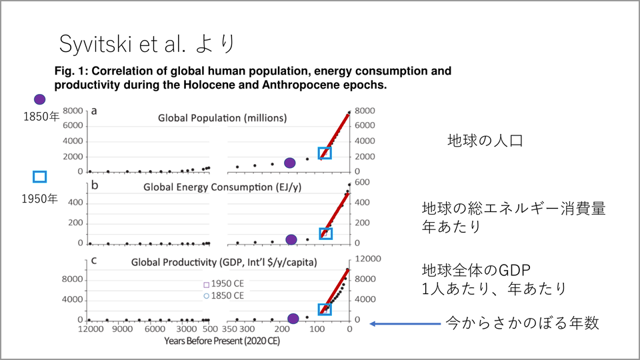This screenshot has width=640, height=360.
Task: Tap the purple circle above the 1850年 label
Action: click(x=39, y=99)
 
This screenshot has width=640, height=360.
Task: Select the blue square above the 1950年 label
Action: click(x=39, y=177)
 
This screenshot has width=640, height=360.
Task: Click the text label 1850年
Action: click(x=41, y=117)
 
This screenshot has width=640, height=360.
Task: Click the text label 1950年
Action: click(x=40, y=198)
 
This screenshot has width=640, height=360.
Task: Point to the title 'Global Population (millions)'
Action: click(x=222, y=118)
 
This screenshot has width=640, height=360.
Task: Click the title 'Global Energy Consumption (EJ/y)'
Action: click(x=223, y=187)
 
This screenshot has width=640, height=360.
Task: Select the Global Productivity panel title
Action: click(x=223, y=261)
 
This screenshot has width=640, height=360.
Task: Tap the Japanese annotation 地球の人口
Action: click(x=485, y=141)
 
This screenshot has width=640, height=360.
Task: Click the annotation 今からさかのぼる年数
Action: click(x=523, y=324)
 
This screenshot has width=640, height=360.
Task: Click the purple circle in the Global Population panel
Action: click(x=290, y=163)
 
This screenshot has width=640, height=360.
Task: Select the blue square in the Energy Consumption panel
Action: click(x=325, y=233)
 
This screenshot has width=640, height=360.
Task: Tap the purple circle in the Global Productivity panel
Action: click(x=293, y=319)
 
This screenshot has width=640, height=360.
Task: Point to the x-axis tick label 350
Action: click(x=231, y=330)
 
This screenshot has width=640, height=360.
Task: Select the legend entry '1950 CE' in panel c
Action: click(x=227, y=283)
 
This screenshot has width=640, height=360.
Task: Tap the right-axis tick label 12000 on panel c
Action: click(x=369, y=259)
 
